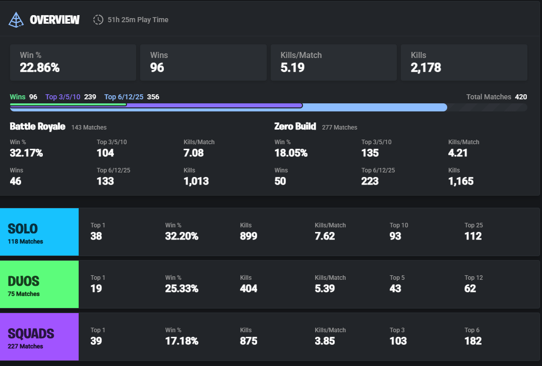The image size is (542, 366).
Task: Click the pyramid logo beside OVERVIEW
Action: pos(17,20)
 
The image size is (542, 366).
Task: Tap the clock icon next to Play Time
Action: pos(98,20)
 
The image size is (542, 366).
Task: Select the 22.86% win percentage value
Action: pos(40,68)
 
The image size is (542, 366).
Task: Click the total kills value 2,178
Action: pos(426,68)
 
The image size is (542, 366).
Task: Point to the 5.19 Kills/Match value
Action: pos(292,68)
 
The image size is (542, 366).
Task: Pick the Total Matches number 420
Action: pos(521,97)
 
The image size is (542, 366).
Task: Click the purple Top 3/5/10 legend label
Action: pos(63,97)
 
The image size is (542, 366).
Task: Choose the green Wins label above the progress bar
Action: pos(18,97)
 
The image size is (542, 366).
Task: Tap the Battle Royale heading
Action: pos(37,127)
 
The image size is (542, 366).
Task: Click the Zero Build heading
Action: pos(295,127)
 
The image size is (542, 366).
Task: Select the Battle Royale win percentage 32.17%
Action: pos(26,153)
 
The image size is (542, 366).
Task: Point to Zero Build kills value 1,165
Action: pos(461,181)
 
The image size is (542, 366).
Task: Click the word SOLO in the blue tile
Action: pos(23,229)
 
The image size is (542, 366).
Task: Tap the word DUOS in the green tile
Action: pos(23,281)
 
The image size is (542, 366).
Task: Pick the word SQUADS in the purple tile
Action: pos(31,334)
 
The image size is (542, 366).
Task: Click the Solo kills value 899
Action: pos(249,236)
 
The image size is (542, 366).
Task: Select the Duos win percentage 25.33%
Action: pos(182,288)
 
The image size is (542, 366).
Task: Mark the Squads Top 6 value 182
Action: pos(473,341)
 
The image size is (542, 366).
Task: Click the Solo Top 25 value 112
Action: pos(473,236)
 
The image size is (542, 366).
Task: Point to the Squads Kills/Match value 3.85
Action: pos(325,341)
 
